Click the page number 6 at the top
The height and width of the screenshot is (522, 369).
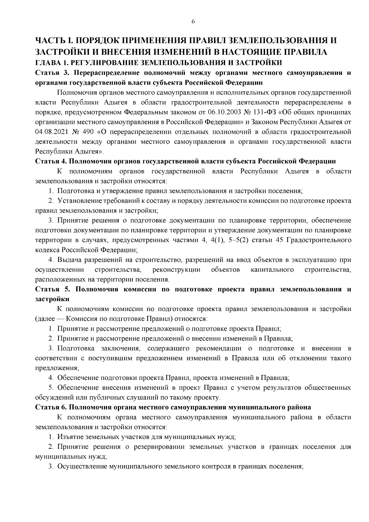pyautogui.click(x=193, y=21)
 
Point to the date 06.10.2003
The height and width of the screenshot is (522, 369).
pyautogui.click(x=224, y=112)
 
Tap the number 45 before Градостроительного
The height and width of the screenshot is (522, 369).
pyautogui.click(x=280, y=240)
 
